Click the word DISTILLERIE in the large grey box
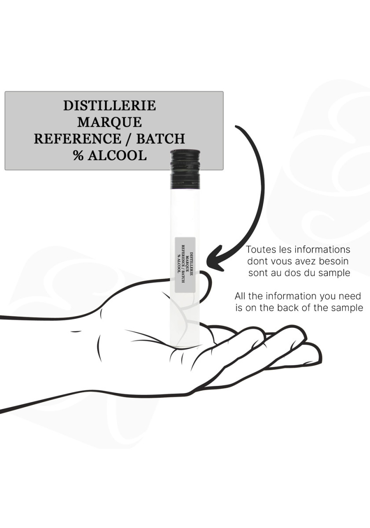click(x=110, y=106)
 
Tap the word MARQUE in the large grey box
click(x=110, y=122)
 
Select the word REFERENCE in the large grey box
click(x=77, y=139)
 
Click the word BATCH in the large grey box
click(x=161, y=139)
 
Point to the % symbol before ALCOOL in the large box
click(x=78, y=155)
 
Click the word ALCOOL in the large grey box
click(x=117, y=155)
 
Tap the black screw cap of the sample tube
click(x=185, y=169)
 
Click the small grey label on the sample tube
click(x=185, y=265)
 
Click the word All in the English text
click(x=240, y=296)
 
